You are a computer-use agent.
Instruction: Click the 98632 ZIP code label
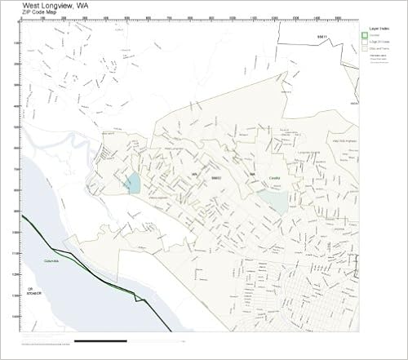click(216, 176)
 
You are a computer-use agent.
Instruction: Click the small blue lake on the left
click(132, 182)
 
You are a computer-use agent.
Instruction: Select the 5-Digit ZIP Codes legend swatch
click(365, 42)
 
